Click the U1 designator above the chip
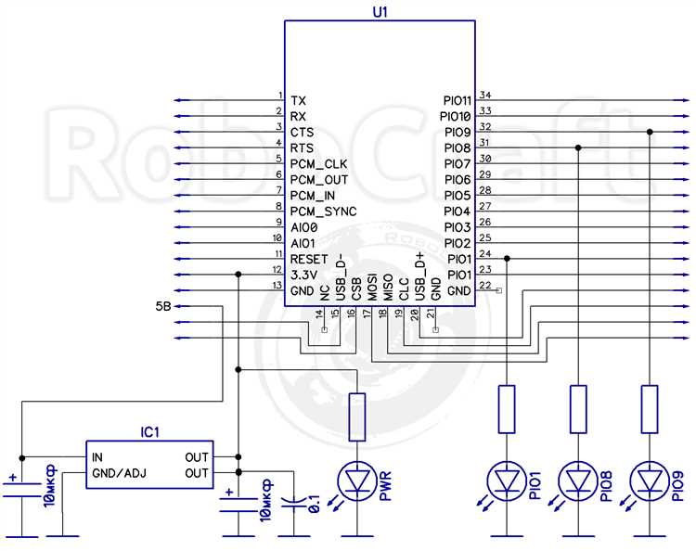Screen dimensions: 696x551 pyautogui.click(x=380, y=11)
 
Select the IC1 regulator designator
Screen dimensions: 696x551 pyautogui.click(x=149, y=431)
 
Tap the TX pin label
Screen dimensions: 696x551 pyautogui.click(x=298, y=101)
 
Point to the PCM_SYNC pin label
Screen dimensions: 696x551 pyautogui.click(x=323, y=211)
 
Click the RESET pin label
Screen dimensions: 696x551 pyautogui.click(x=309, y=259)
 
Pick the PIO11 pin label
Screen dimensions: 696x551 pyautogui.click(x=457, y=101)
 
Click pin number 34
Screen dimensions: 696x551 pyautogui.click(x=485, y=95)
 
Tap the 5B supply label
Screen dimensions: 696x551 pyautogui.click(x=163, y=306)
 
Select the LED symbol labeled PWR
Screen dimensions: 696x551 pyautogui.click(x=357, y=481)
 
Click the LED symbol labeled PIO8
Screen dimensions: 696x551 pyautogui.click(x=577, y=481)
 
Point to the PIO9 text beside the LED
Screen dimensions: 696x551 pyautogui.click(x=677, y=486)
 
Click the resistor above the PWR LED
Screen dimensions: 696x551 pyautogui.click(x=357, y=416)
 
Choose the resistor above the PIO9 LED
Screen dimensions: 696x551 pyautogui.click(x=650, y=409)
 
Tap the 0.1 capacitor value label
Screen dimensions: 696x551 pyautogui.click(x=314, y=502)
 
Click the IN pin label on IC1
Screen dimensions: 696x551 pyautogui.click(x=97, y=457)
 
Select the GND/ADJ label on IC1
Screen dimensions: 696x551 pyautogui.click(x=120, y=473)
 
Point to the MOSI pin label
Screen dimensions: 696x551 pyautogui.click(x=372, y=287)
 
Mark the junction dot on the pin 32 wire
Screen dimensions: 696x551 pyautogui.click(x=650, y=132)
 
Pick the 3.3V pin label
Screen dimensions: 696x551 pyautogui.click(x=303, y=275)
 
